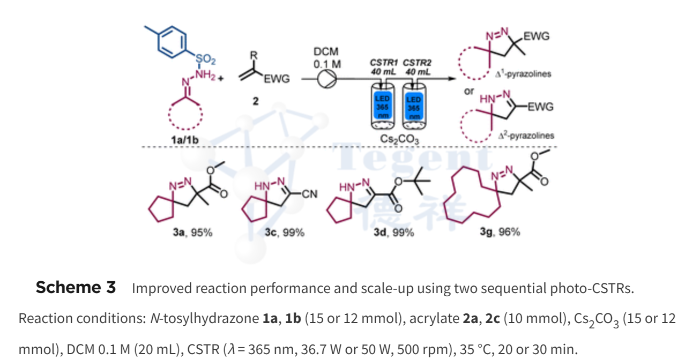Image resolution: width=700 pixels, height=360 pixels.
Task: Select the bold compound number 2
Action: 256,101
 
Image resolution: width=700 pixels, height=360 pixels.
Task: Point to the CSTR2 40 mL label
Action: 416,67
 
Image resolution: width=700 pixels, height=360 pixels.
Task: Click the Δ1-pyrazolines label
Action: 523,74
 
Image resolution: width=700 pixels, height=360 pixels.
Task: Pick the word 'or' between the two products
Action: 469,91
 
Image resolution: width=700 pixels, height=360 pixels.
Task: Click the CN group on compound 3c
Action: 310,194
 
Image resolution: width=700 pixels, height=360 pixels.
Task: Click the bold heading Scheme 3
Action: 76,288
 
